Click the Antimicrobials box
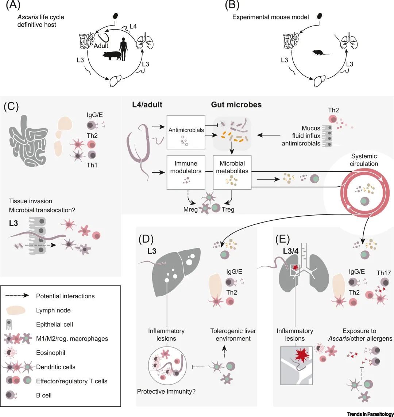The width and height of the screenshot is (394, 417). click(x=186, y=132)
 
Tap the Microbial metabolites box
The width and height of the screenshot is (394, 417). click(x=232, y=173)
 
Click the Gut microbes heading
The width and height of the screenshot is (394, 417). click(x=236, y=105)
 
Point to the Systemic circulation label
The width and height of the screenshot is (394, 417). click(x=364, y=160)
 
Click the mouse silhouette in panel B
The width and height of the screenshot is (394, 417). click(x=321, y=52)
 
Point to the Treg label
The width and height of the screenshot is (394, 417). click(x=228, y=210)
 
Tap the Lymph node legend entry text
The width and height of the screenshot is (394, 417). click(x=53, y=310)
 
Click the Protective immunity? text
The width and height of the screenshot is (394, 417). click(x=166, y=392)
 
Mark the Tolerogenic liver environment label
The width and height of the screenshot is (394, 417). click(x=233, y=334)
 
